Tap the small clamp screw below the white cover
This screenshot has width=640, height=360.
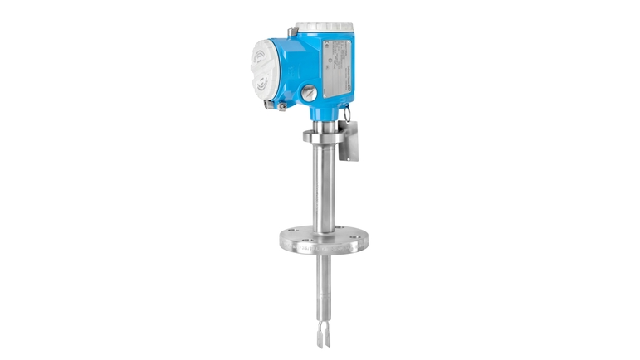[282, 107]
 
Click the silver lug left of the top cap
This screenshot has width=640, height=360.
[293, 32]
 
